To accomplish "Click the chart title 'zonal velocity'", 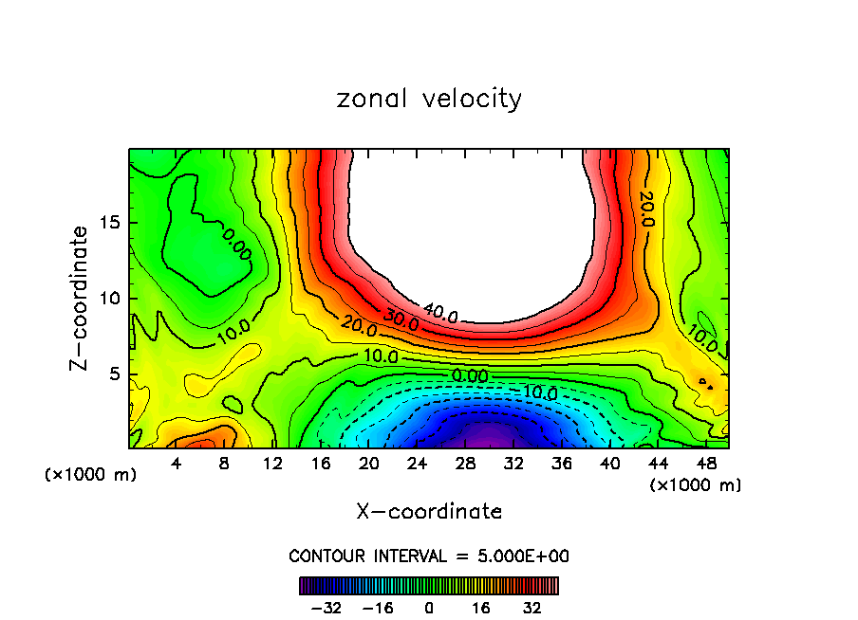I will coord(429,99).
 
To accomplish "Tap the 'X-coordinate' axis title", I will coord(429,512).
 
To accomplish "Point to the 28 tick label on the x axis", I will coord(465,465).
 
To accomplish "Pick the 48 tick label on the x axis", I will coord(705,465).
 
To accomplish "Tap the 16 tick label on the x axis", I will coord(320,465).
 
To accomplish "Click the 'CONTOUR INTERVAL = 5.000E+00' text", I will coord(429,556).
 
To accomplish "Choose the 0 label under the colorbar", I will coord(429,607).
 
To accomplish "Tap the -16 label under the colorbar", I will coord(378,607).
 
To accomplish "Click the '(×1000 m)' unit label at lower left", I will coord(91,475).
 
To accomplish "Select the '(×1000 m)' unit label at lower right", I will coord(695,485).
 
